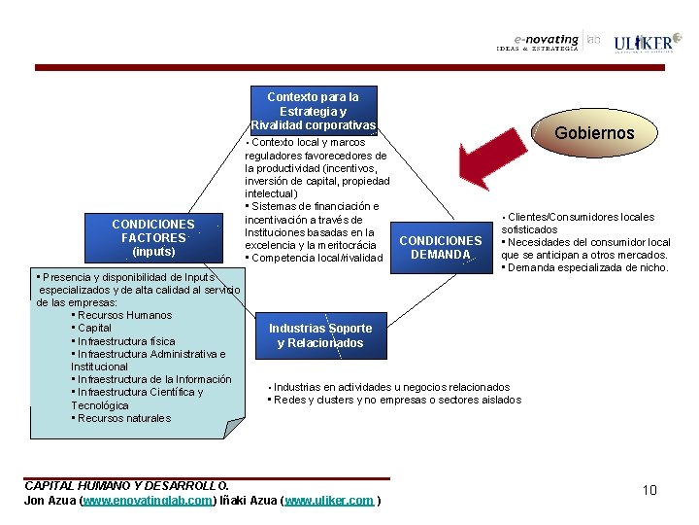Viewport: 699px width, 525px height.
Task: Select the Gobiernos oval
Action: [594, 133]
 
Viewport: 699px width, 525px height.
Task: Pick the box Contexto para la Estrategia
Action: [313, 111]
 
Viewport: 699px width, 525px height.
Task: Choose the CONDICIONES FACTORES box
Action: [153, 238]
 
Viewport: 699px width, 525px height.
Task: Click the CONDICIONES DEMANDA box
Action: [441, 247]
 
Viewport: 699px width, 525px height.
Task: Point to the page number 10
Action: [649, 490]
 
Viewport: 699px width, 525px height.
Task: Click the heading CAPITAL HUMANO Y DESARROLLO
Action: [126, 485]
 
